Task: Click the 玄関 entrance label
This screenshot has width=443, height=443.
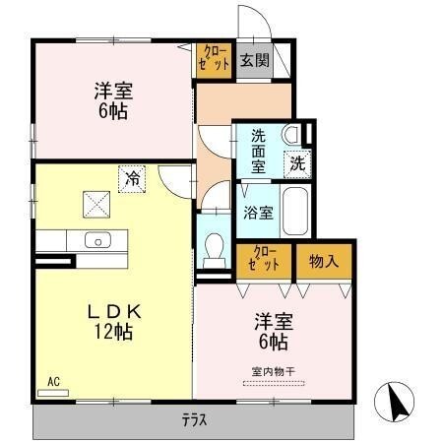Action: (254, 59)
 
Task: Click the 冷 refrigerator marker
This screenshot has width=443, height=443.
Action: (131, 178)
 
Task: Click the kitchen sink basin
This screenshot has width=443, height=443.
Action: (97, 240)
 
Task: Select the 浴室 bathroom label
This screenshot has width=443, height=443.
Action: (259, 210)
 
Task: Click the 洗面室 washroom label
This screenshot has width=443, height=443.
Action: (259, 151)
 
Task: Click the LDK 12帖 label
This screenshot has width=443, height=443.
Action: (115, 321)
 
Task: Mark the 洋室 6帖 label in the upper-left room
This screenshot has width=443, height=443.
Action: (113, 100)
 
